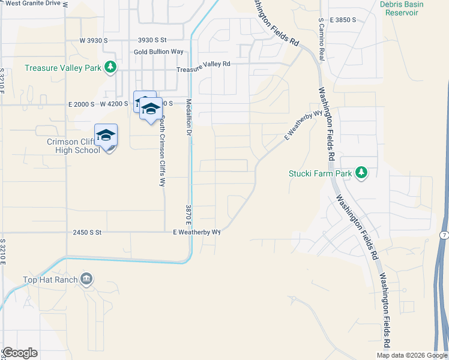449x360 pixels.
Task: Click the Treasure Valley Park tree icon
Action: pyautogui.click(x=110, y=68)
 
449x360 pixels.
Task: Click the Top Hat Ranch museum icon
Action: pyautogui.click(x=86, y=279)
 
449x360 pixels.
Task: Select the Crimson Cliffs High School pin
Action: pyautogui.click(x=106, y=136)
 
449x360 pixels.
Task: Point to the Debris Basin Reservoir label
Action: pyautogui.click(x=402, y=8)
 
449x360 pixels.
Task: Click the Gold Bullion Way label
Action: pyautogui.click(x=158, y=52)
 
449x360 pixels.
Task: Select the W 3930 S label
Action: pyautogui.click(x=93, y=40)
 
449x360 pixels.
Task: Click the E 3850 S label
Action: pyautogui.click(x=342, y=20)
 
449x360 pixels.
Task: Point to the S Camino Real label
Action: pyautogui.click(x=321, y=39)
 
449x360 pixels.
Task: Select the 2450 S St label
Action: pyautogui.click(x=88, y=232)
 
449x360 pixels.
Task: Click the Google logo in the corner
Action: pyautogui.click(x=19, y=353)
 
